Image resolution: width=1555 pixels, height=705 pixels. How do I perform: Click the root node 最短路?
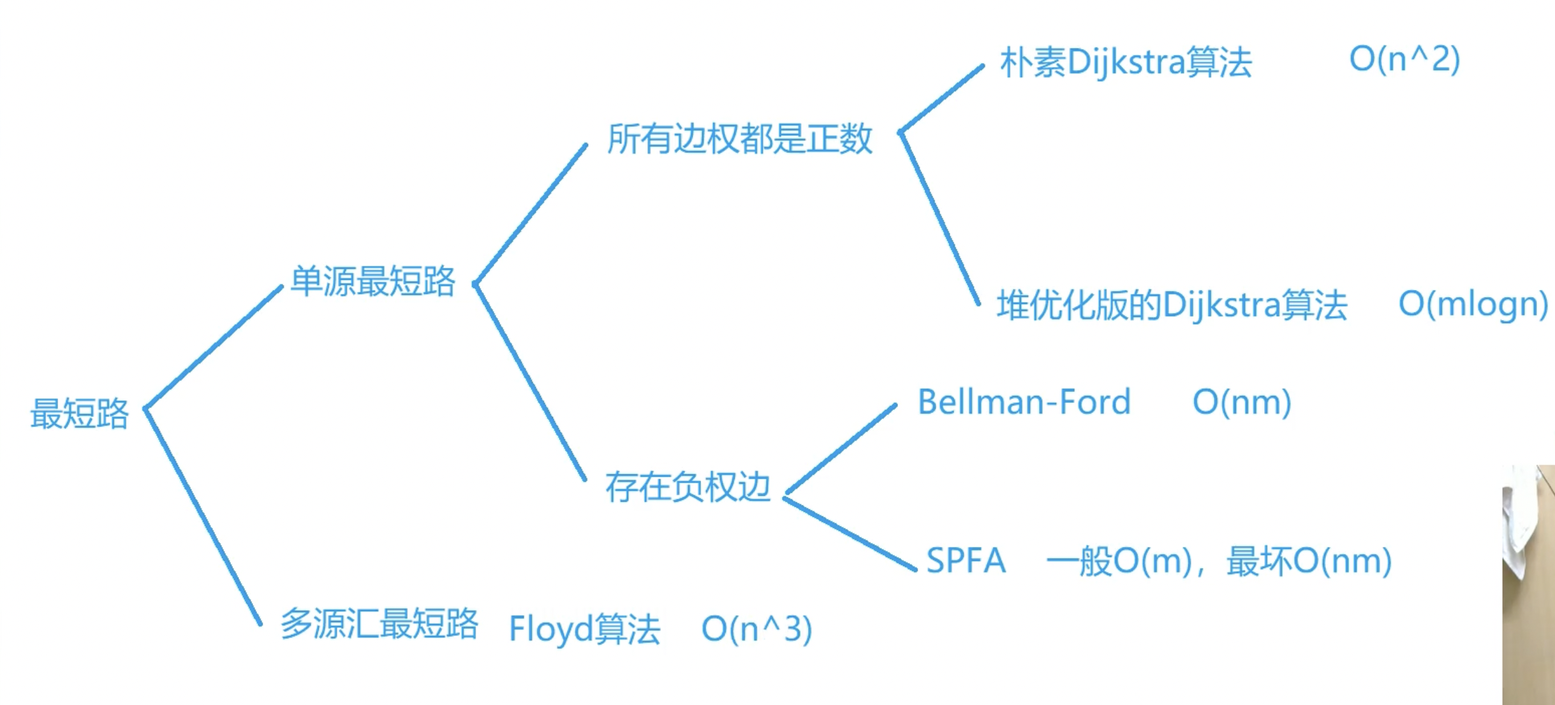point(80,414)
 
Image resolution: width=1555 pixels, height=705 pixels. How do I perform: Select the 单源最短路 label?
point(373,282)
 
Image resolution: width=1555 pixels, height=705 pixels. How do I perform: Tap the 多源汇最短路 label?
point(380,624)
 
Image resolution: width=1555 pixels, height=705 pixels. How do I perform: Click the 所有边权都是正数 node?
point(739,139)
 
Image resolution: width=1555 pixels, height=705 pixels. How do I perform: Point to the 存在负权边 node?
point(688,488)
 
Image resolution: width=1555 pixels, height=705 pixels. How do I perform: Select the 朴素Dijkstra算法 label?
point(1126,62)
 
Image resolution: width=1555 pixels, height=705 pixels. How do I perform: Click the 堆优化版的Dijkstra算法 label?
point(1172,305)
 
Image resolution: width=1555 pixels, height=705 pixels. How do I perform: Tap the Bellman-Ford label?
point(1024,402)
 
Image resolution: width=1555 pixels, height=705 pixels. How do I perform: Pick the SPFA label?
point(966,561)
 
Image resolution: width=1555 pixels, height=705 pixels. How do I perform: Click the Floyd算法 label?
point(584,629)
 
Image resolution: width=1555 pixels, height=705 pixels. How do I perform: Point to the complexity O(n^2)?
point(1404,59)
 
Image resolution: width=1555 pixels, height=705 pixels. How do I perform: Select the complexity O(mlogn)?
point(1473,304)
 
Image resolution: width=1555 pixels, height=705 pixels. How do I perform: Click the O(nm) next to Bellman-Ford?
point(1241,402)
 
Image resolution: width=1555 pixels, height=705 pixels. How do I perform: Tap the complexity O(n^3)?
point(756,629)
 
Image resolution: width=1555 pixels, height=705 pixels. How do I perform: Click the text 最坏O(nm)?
point(1309,562)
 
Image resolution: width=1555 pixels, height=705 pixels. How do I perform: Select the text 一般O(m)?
point(1119,562)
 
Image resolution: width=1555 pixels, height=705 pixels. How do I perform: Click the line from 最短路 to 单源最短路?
point(214,347)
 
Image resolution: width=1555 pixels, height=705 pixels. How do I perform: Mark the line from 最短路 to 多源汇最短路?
point(203,516)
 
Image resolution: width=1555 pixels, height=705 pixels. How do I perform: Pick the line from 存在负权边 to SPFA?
point(850,534)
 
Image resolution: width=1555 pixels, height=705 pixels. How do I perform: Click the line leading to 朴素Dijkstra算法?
point(941,99)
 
